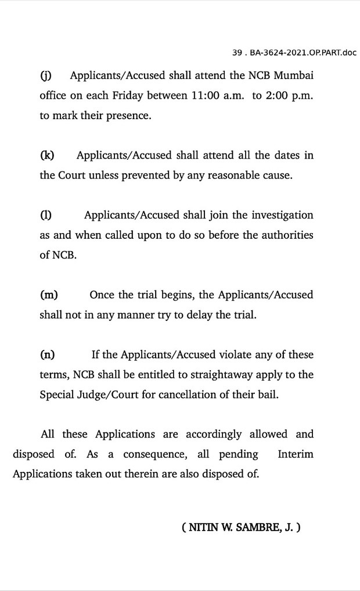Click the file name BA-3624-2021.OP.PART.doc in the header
click(303, 53)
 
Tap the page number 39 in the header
click(237, 53)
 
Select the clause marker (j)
click(45, 76)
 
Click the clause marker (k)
click(47, 155)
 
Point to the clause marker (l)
click(45, 215)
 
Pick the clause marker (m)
click(49, 295)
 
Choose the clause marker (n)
click(48, 354)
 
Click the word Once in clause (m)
click(102, 295)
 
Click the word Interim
click(296, 454)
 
